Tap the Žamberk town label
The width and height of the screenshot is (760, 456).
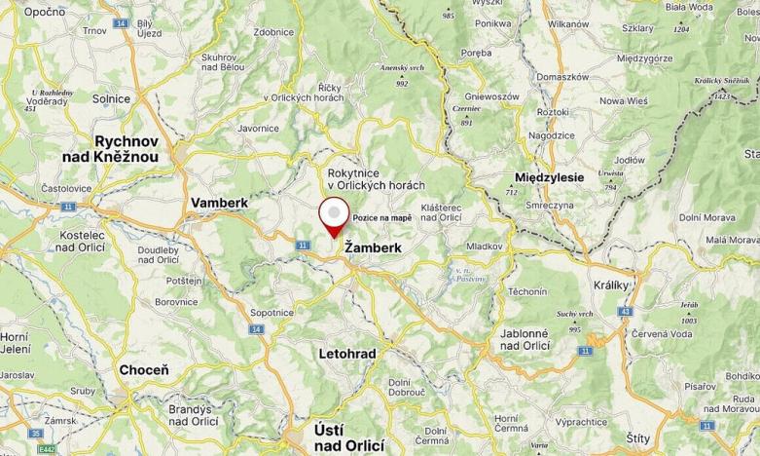(374, 248)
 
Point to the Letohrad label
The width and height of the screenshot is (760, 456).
(347, 353)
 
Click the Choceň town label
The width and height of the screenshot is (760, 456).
(143, 370)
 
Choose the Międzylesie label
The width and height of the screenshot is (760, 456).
(548, 177)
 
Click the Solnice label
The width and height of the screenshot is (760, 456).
(110, 98)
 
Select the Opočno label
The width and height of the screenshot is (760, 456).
(44, 12)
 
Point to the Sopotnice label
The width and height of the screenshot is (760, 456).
(271, 313)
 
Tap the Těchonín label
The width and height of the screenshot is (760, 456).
(526, 291)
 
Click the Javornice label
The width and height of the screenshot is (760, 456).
(258, 128)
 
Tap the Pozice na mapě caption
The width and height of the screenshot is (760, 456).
(381, 217)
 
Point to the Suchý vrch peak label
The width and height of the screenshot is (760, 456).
(575, 314)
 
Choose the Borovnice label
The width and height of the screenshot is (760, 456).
(176, 302)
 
